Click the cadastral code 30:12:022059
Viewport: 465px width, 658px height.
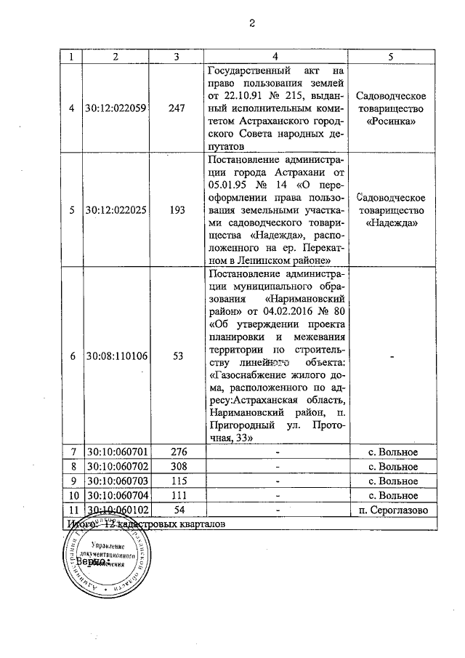[116, 108]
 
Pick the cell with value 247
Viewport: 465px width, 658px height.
[177, 108]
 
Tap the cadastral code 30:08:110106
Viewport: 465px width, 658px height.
[116, 356]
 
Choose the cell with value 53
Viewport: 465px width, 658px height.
[177, 356]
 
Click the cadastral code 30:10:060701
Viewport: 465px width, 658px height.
[116, 453]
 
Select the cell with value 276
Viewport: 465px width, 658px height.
[177, 453]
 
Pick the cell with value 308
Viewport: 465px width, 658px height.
[177, 467]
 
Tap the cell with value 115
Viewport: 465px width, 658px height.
[177, 481]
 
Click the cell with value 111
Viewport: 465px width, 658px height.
[177, 495]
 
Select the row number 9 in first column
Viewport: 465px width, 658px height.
[71, 481]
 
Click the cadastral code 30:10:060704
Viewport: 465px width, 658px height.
[116, 495]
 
